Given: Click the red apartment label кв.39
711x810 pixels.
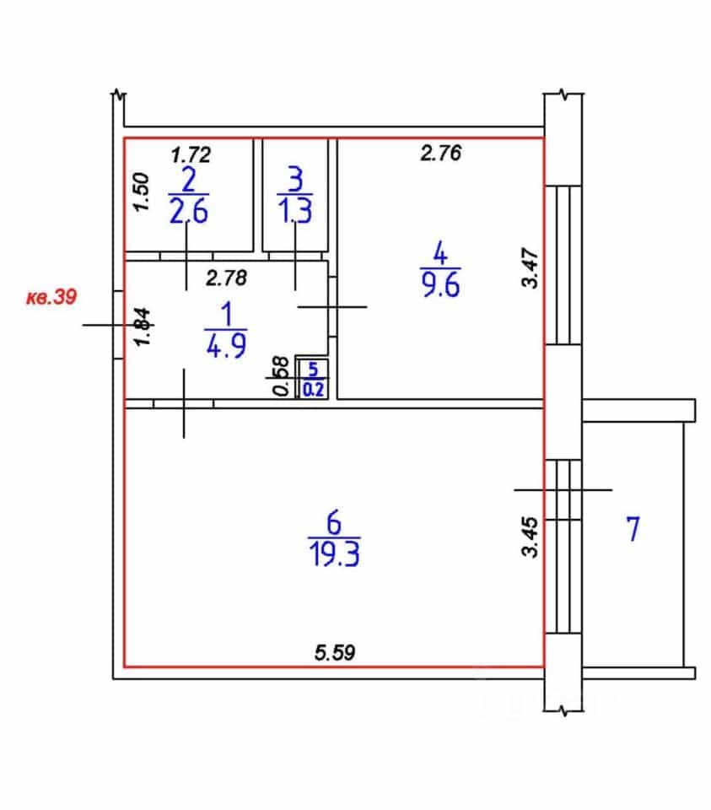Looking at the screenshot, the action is (x=51, y=297).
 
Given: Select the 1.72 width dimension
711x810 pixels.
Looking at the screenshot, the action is (x=191, y=155).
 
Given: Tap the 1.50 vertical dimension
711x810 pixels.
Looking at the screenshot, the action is (x=142, y=192).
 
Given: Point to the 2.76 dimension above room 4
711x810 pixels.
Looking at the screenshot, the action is (x=440, y=153).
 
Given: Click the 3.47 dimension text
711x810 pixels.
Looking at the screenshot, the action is (x=531, y=267).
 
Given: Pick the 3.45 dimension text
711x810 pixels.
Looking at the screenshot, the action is (x=531, y=537).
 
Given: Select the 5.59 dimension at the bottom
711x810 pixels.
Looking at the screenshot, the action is (x=335, y=652).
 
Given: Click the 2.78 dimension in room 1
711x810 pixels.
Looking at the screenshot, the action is (x=226, y=278).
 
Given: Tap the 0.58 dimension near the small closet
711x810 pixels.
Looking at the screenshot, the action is (x=282, y=376).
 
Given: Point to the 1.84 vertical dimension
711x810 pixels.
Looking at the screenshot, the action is (x=143, y=327).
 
